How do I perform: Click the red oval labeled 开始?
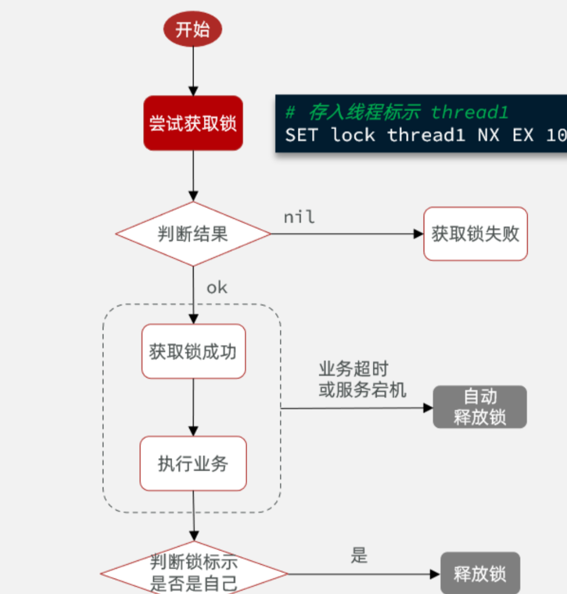point(192,29)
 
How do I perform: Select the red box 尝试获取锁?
point(193,123)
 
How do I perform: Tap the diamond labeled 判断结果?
point(193,234)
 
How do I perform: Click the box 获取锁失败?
point(475,234)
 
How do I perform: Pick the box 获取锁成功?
point(193,351)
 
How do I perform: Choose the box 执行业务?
point(193,463)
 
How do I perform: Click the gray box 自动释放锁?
point(480,407)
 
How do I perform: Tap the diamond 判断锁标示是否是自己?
point(194,573)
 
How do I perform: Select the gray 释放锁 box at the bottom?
point(480,573)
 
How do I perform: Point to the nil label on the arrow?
point(299,217)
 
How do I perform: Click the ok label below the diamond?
point(217,288)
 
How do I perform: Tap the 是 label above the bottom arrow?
point(359,556)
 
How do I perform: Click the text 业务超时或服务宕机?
point(362,379)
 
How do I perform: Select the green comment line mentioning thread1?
point(397,112)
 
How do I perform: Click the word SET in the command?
point(301,135)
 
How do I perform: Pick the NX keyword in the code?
point(488,135)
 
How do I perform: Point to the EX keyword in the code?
point(523,135)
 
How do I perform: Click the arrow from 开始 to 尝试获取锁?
point(193,71)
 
